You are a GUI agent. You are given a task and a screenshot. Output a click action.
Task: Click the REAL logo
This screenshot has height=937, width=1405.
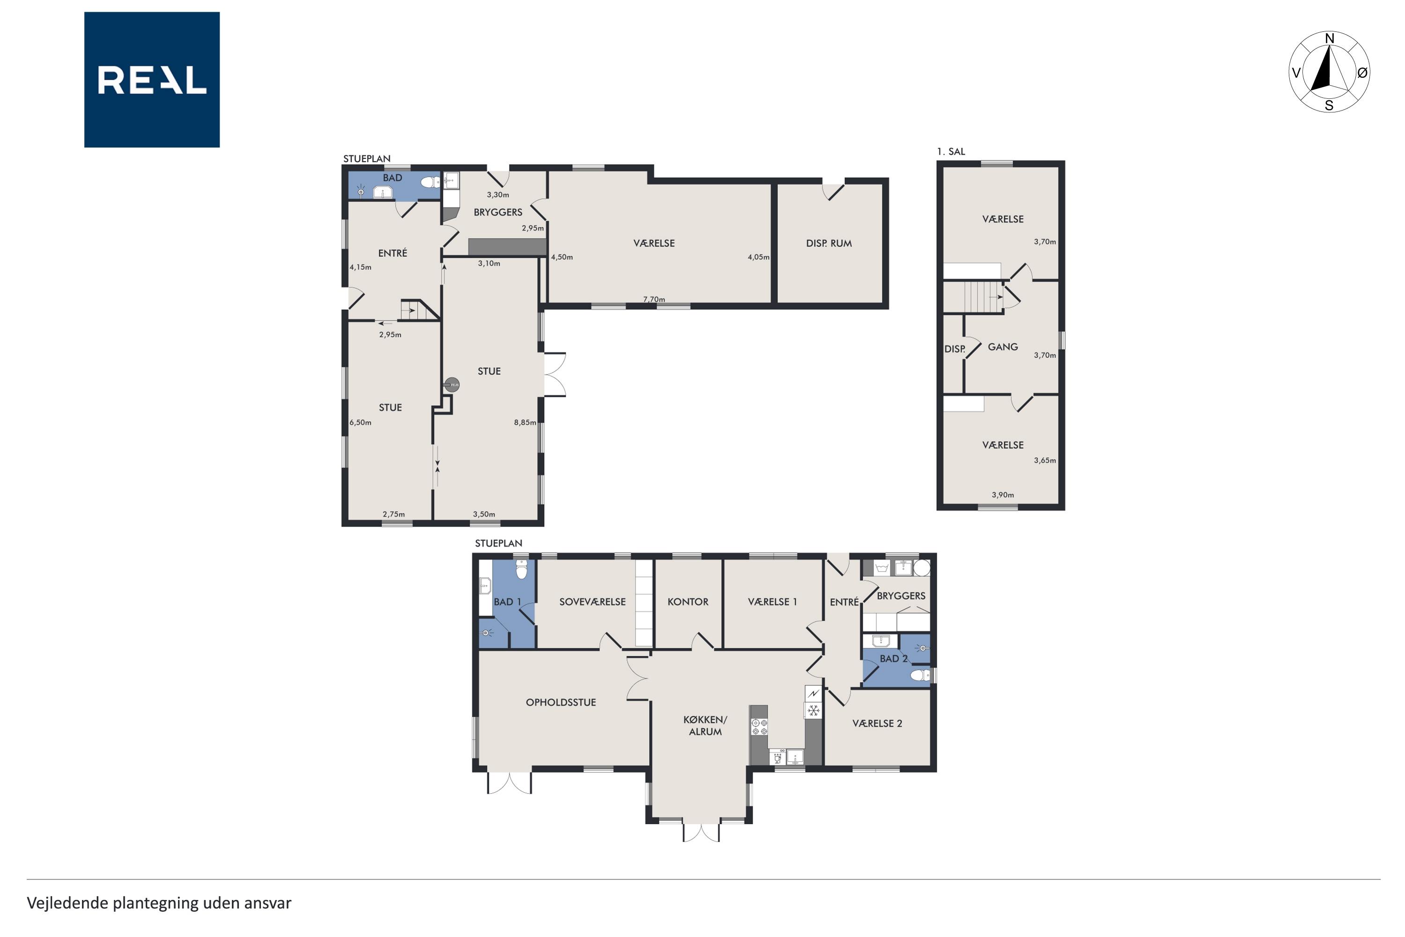click(x=152, y=80)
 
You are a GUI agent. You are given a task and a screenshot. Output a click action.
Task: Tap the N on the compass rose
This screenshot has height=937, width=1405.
click(x=1330, y=39)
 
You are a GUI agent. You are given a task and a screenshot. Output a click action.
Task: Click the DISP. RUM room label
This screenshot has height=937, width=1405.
click(x=828, y=243)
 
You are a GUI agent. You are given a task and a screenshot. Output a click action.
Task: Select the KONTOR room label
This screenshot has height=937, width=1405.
click(x=688, y=602)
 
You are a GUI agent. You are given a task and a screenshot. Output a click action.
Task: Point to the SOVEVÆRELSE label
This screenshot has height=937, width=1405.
click(x=592, y=602)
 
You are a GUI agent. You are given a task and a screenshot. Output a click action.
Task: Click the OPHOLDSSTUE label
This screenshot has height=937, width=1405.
click(x=560, y=702)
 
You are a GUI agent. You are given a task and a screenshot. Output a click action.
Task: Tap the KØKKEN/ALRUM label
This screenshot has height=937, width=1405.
click(x=705, y=725)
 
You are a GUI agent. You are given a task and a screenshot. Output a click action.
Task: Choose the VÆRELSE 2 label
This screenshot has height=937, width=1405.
click(x=877, y=723)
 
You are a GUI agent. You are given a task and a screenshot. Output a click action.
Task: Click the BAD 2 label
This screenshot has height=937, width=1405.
click(x=894, y=659)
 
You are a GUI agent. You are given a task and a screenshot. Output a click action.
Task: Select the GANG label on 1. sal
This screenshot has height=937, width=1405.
click(x=1002, y=347)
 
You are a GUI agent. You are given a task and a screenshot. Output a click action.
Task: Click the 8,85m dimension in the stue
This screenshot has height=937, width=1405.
click(x=525, y=423)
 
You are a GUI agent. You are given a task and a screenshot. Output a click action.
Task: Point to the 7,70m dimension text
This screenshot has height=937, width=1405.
click(x=654, y=299)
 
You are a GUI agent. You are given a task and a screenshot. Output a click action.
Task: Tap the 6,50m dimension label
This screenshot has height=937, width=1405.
click(x=360, y=423)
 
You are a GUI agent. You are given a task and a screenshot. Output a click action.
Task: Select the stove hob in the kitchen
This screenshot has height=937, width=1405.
click(x=759, y=727)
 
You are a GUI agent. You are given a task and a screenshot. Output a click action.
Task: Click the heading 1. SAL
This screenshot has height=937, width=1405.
click(x=951, y=152)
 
